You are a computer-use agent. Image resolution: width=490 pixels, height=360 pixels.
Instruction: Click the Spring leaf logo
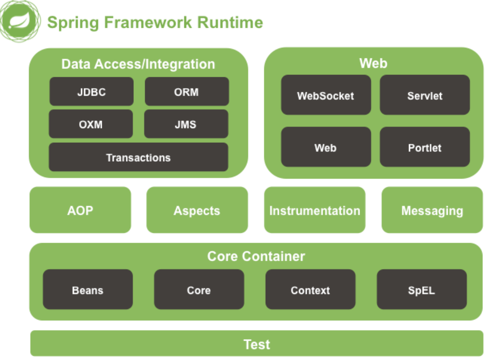pyautogui.click(x=20, y=21)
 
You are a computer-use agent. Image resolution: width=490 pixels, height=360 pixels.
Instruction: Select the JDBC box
pyautogui.click(x=91, y=91)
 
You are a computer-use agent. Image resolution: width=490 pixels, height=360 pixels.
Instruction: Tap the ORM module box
pyautogui.click(x=187, y=91)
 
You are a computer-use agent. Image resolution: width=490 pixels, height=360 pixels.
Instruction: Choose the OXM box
pyautogui.click(x=91, y=124)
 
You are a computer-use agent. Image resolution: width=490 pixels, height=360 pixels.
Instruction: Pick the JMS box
pyautogui.click(x=186, y=124)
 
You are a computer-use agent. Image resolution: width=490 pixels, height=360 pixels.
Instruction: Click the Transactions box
pyautogui.click(x=139, y=157)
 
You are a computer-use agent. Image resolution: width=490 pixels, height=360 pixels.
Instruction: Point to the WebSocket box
pyautogui.click(x=326, y=95)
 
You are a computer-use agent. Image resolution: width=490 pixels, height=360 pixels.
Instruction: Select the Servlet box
pyautogui.click(x=425, y=95)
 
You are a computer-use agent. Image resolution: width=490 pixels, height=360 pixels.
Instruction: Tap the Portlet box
pyautogui.click(x=425, y=147)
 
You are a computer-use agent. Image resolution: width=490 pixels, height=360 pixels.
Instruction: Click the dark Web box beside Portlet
pyautogui.click(x=326, y=147)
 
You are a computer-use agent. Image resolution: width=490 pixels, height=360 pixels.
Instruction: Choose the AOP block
pyautogui.click(x=80, y=210)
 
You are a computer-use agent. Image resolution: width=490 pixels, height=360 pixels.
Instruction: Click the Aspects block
pyautogui.click(x=197, y=210)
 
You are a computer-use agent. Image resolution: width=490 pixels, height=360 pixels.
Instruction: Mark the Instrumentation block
pyautogui.click(x=315, y=210)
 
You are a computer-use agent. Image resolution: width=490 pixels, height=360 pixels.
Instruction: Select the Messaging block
pyautogui.click(x=432, y=210)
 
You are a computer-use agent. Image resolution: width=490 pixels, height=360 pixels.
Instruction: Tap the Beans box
pyautogui.click(x=88, y=289)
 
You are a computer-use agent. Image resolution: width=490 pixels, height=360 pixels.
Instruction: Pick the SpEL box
pyautogui.click(x=422, y=289)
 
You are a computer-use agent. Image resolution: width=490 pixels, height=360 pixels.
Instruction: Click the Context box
pyautogui.click(x=310, y=289)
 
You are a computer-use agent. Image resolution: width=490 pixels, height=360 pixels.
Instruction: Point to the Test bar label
pyautogui.click(x=257, y=344)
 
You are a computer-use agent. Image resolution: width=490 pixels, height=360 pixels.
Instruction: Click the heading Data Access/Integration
pyautogui.click(x=138, y=65)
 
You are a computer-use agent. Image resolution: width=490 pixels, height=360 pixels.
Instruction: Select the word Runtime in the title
pyautogui.click(x=230, y=23)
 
